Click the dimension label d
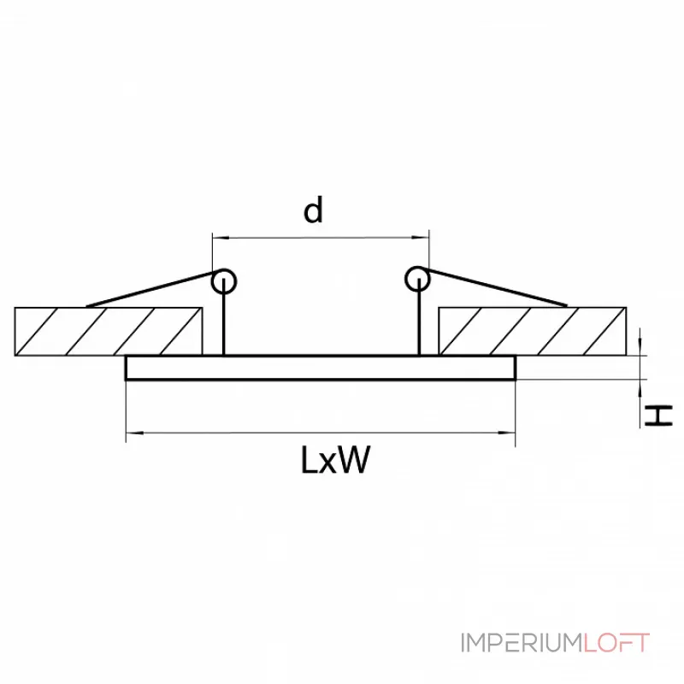(x=315, y=209)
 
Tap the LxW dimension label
(x=335, y=461)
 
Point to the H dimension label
(x=658, y=416)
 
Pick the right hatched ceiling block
(x=532, y=331)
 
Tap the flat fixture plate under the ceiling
(x=321, y=368)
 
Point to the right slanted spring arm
(x=496, y=289)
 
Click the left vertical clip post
(x=224, y=321)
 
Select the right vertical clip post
(x=419, y=321)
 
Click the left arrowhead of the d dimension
(x=218, y=237)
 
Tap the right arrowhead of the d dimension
(x=423, y=237)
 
